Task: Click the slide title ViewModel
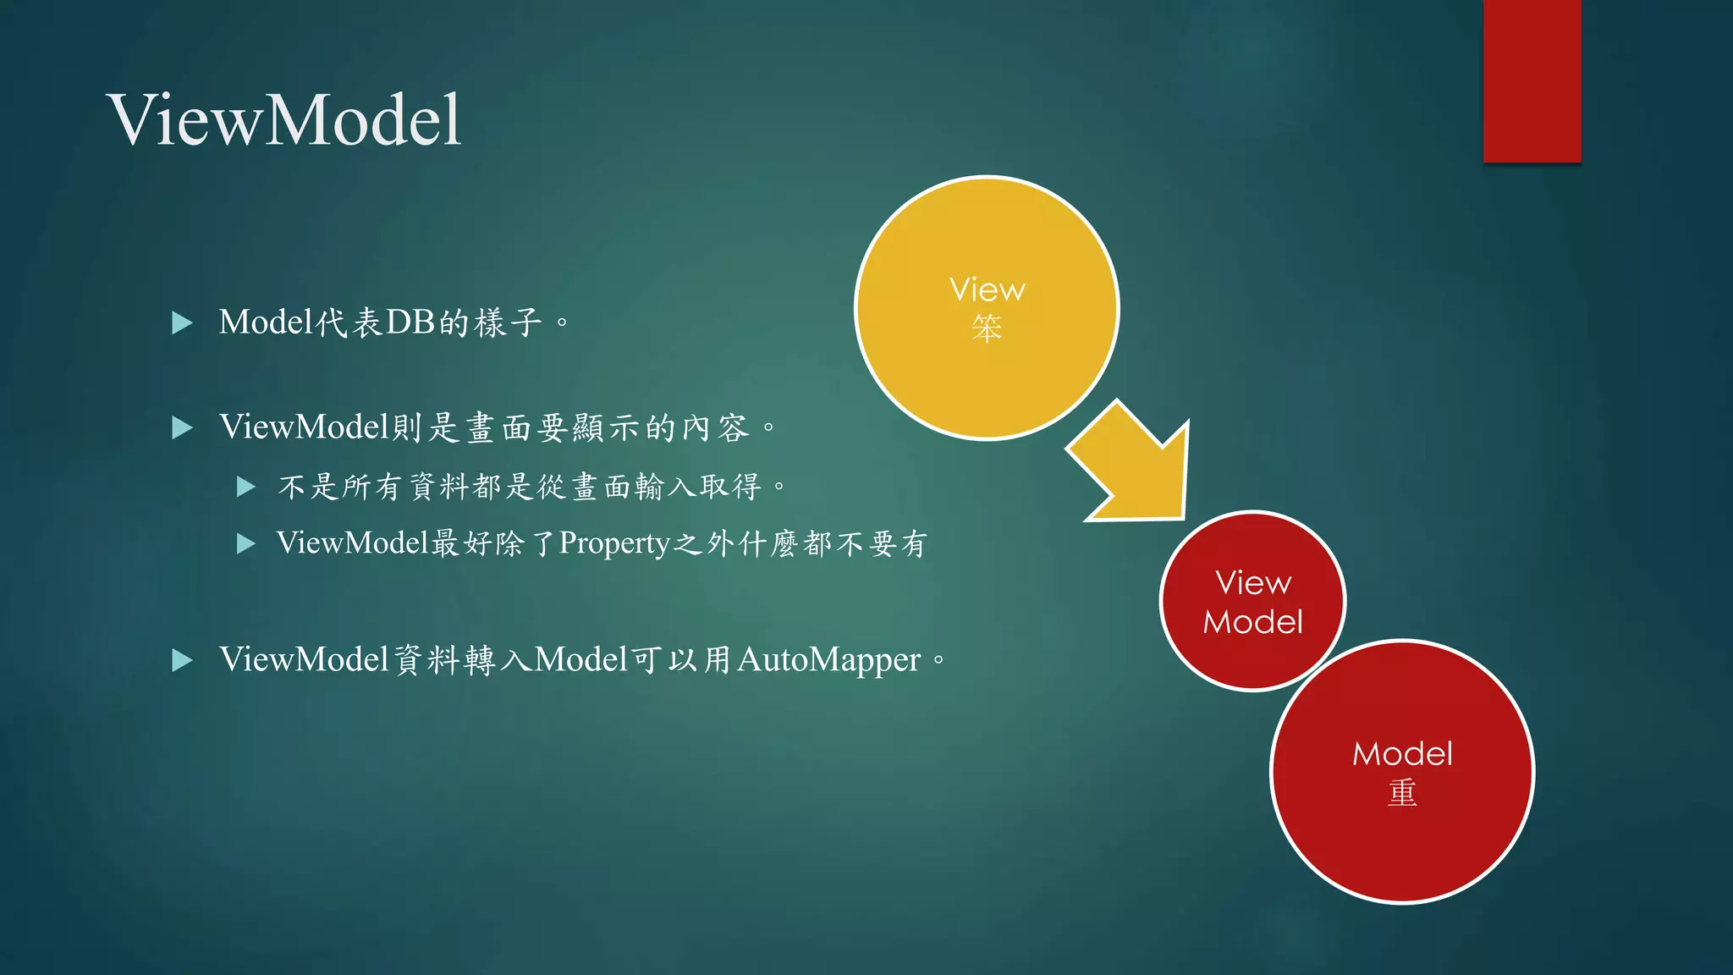pos(284,120)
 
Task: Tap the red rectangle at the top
pos(1532,80)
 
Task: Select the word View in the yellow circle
pos(987,290)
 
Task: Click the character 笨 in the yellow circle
pos(987,328)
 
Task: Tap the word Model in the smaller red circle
pos(1253,622)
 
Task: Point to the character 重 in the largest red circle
pos(1402,793)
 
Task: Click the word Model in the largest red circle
pos(1402,754)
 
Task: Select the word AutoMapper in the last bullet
pos(828,660)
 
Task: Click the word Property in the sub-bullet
pos(614,543)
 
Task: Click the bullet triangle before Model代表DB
pos(182,322)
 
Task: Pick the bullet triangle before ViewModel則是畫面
pos(182,427)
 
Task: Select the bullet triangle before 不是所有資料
pos(246,487)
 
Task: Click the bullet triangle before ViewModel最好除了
pos(246,543)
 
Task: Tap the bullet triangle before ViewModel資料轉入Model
pos(182,660)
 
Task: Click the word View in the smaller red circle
pos(1253,582)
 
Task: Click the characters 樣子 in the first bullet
pos(508,322)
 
